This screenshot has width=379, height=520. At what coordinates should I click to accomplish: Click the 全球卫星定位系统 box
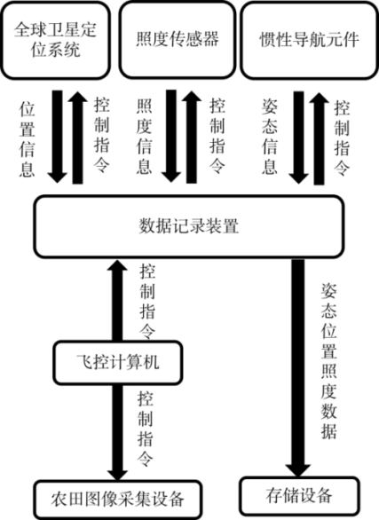55,40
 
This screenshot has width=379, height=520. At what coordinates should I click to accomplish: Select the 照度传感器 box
178,40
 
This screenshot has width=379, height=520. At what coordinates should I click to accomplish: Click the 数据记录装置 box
189,227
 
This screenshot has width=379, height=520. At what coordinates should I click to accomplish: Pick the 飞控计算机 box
118,362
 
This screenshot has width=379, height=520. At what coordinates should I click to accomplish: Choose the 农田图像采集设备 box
118,499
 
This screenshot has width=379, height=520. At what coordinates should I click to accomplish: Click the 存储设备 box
299,496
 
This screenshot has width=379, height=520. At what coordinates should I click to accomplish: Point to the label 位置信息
28,138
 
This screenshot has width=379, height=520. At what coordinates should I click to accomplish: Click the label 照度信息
145,137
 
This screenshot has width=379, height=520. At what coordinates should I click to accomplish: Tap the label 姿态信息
270,137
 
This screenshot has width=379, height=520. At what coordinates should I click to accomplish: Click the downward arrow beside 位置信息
58,137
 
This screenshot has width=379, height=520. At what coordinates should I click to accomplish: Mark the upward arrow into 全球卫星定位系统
77,138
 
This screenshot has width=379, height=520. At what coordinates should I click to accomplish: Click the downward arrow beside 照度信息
171,136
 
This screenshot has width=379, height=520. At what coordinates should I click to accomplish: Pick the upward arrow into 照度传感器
192,137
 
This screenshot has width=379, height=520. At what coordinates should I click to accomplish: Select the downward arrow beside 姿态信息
299,138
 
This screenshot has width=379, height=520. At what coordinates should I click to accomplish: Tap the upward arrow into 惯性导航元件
319,138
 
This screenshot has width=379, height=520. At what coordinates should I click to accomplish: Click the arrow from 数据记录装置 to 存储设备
298,367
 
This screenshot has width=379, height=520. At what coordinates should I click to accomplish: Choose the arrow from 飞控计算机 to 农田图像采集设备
118,432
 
